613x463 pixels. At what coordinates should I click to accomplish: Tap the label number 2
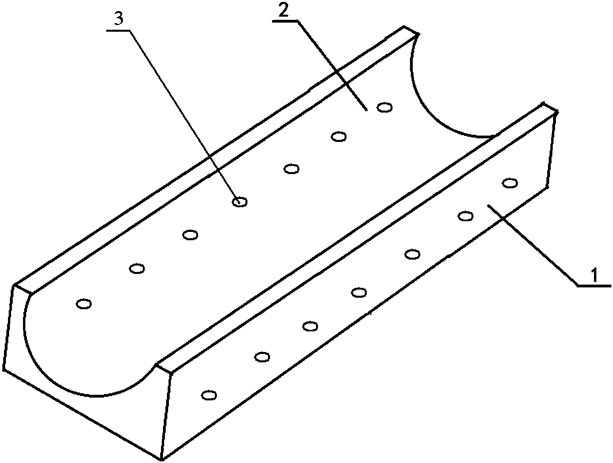click(x=283, y=11)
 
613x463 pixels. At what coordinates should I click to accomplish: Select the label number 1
click(x=594, y=275)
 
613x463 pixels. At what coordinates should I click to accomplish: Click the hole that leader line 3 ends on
click(x=239, y=202)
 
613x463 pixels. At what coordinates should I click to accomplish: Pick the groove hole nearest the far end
click(x=384, y=107)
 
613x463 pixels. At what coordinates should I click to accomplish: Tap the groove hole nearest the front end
click(x=84, y=304)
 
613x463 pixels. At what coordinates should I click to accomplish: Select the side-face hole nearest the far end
click(x=510, y=183)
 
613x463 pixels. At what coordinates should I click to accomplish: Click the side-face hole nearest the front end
click(x=209, y=395)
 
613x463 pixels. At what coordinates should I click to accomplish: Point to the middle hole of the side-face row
click(x=358, y=293)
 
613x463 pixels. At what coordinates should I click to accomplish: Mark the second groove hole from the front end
click(x=137, y=269)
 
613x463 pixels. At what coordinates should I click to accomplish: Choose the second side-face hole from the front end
click(x=262, y=357)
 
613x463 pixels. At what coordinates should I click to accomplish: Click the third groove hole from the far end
click(x=291, y=169)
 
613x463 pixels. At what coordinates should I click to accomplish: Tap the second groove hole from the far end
click(x=338, y=137)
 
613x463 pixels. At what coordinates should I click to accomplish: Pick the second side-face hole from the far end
click(x=465, y=216)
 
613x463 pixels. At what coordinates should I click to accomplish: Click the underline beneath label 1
click(x=594, y=285)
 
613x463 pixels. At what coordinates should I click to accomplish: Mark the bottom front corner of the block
click(x=162, y=460)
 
